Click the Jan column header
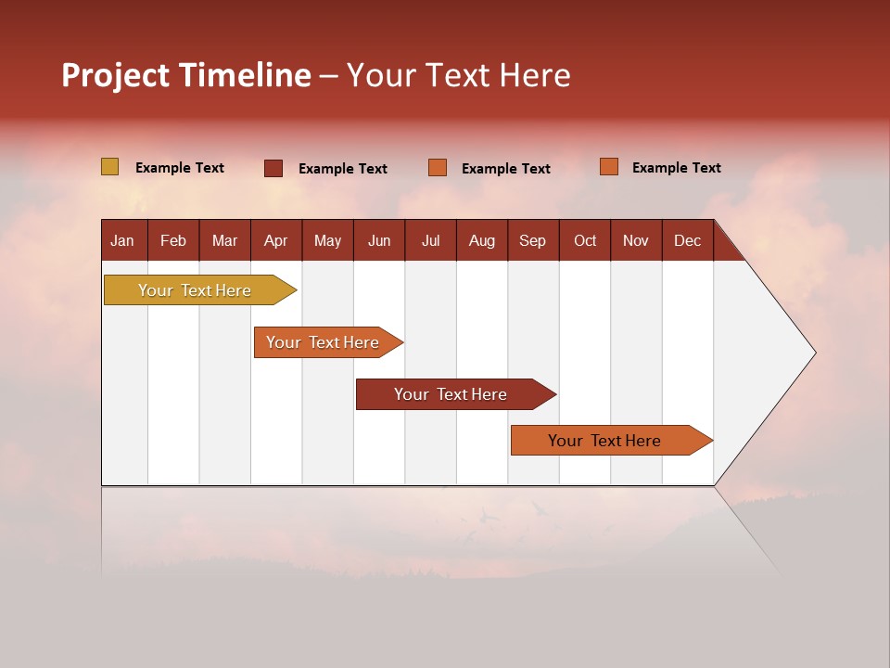coord(122,240)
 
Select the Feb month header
coord(173,240)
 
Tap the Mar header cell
coord(224,240)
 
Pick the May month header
coord(327,240)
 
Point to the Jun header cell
coord(379,240)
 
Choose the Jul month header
coord(430,240)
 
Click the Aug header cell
coord(482,240)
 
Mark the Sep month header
coord(533,240)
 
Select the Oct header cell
coord(585,240)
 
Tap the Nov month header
coord(636,240)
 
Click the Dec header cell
coord(688,240)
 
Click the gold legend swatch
coord(109,167)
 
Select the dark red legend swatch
coord(273,168)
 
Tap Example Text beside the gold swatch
coord(180,168)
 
